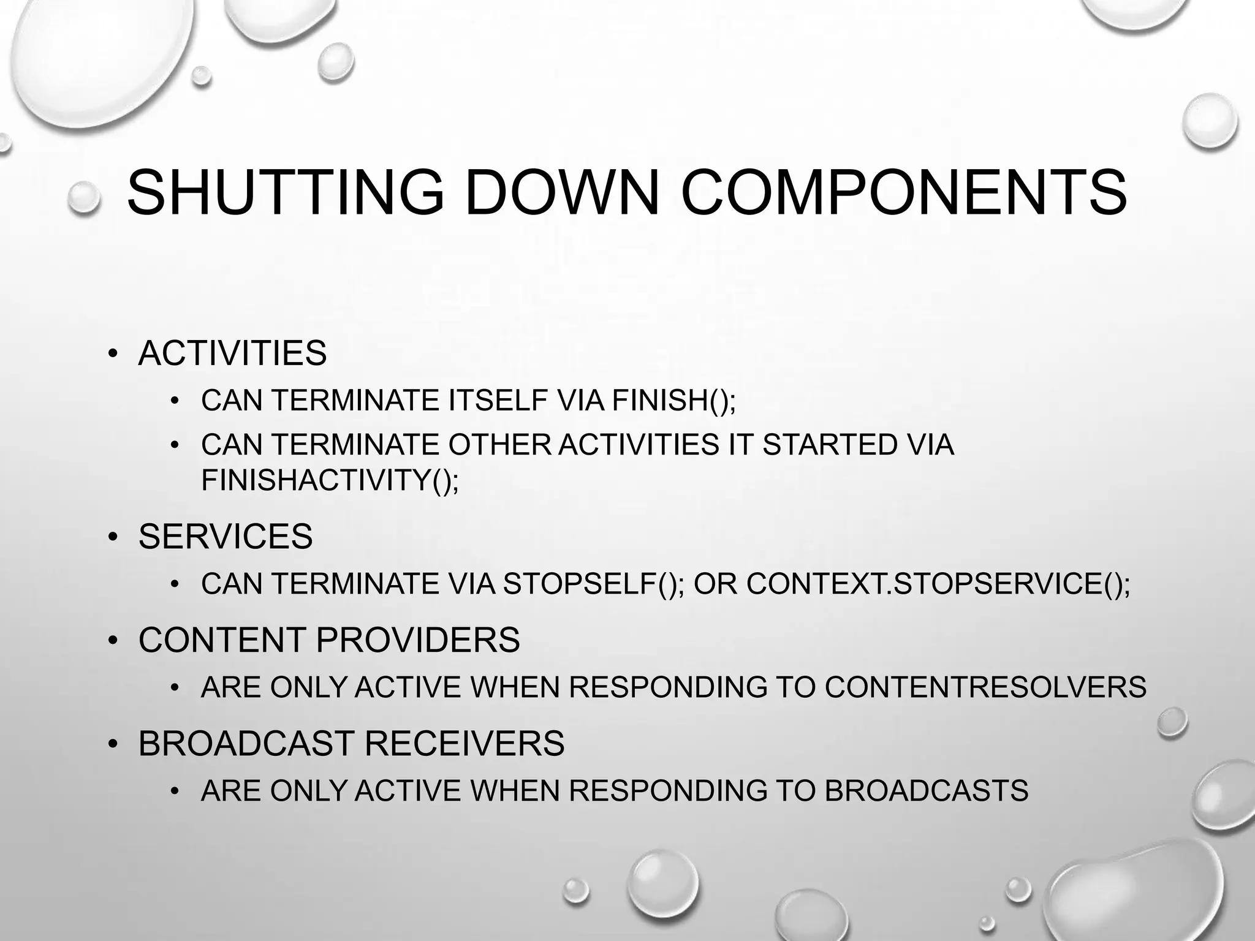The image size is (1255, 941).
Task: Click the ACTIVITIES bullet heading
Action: point(232,353)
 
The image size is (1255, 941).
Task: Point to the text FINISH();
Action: point(673,400)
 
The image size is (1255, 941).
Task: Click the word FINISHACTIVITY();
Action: point(330,479)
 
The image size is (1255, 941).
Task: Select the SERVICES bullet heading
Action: point(226,536)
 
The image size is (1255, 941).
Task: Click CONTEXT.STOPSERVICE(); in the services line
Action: point(938,583)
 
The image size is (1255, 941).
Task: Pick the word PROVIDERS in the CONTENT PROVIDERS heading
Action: point(417,640)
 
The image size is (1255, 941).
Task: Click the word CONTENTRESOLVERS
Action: point(985,687)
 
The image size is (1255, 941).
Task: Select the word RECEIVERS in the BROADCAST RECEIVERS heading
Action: point(464,743)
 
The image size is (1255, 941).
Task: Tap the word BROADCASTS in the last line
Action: point(926,790)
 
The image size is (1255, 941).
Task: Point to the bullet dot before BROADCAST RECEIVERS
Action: point(113,744)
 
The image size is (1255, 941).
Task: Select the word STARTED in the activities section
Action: point(830,444)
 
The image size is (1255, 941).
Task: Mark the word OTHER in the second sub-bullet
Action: point(500,444)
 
